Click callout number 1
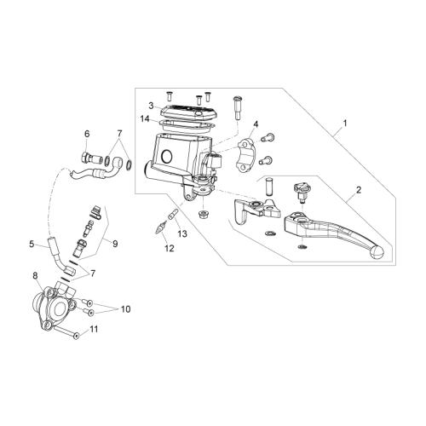tap(345, 124)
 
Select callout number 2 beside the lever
tap(359, 190)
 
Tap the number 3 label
tap(151, 106)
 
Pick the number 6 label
tap(87, 134)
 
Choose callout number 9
tap(115, 244)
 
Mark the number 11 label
tap(94, 329)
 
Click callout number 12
tap(170, 248)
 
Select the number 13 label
tap(182, 233)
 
